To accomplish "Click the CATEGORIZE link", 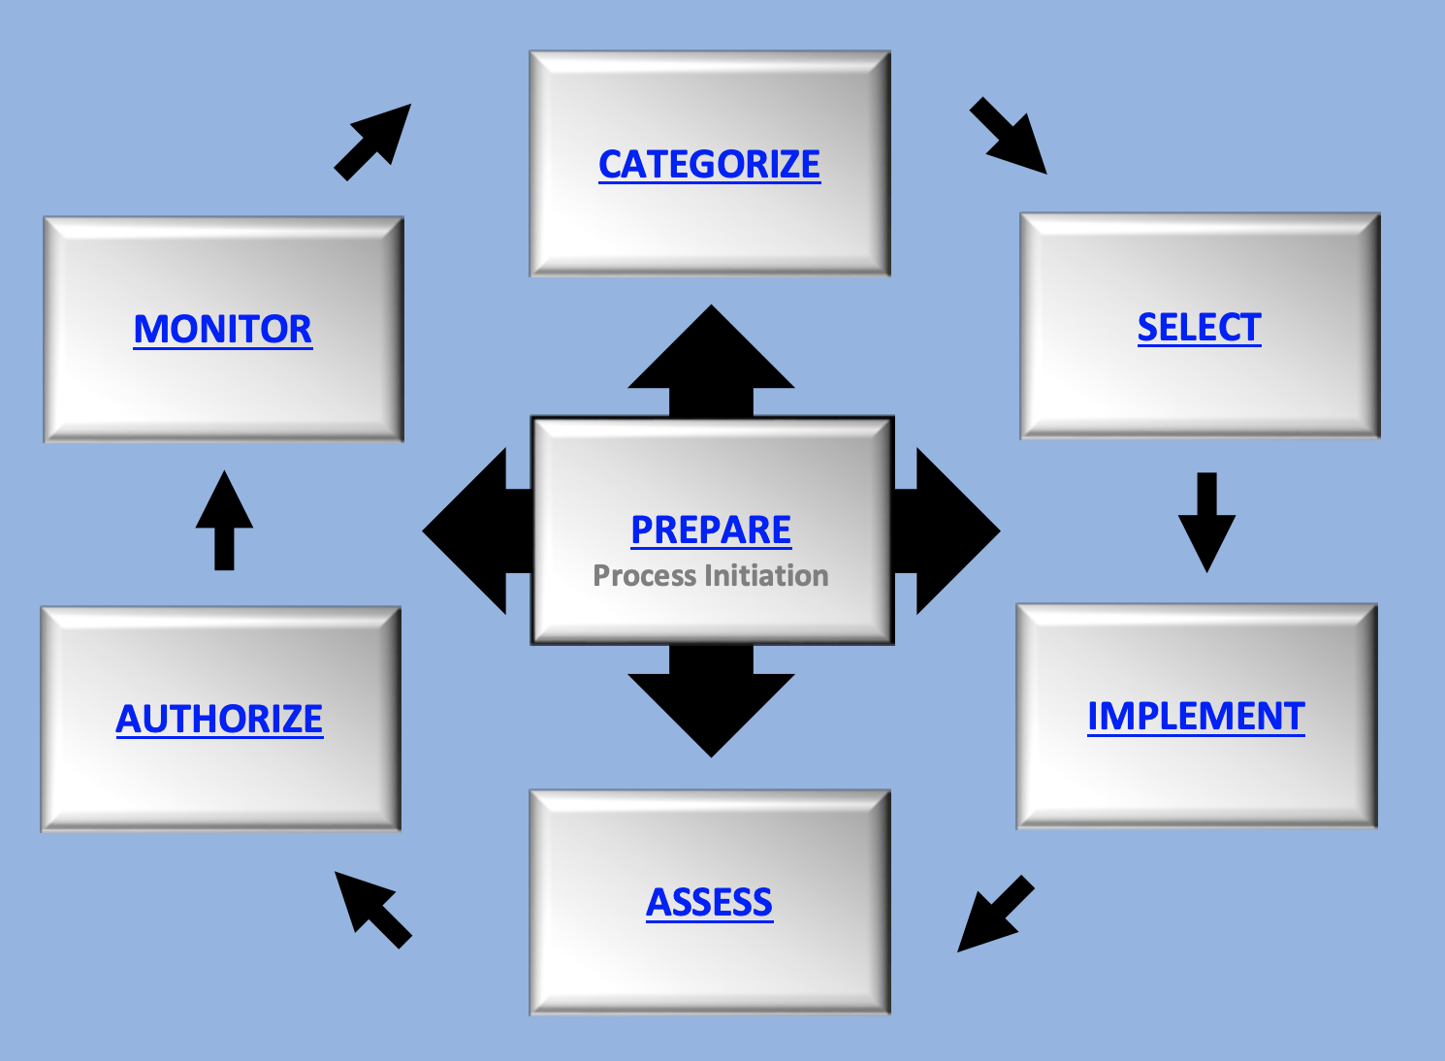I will (709, 164).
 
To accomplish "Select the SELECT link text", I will (1199, 328).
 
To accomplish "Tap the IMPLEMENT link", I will (1196, 717).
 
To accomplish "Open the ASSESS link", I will (709, 903).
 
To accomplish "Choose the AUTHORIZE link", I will (219, 719).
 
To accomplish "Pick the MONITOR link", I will (222, 330).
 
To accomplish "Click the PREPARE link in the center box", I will (711, 530).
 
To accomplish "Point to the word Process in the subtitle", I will (645, 576).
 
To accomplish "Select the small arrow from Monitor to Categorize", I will (373, 142).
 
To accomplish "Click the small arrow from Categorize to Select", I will (1009, 136).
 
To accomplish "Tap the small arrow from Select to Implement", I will (1206, 522).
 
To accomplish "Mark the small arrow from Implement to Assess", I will (995, 914).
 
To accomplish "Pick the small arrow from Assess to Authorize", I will (372, 909).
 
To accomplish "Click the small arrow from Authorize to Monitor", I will (224, 520).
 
